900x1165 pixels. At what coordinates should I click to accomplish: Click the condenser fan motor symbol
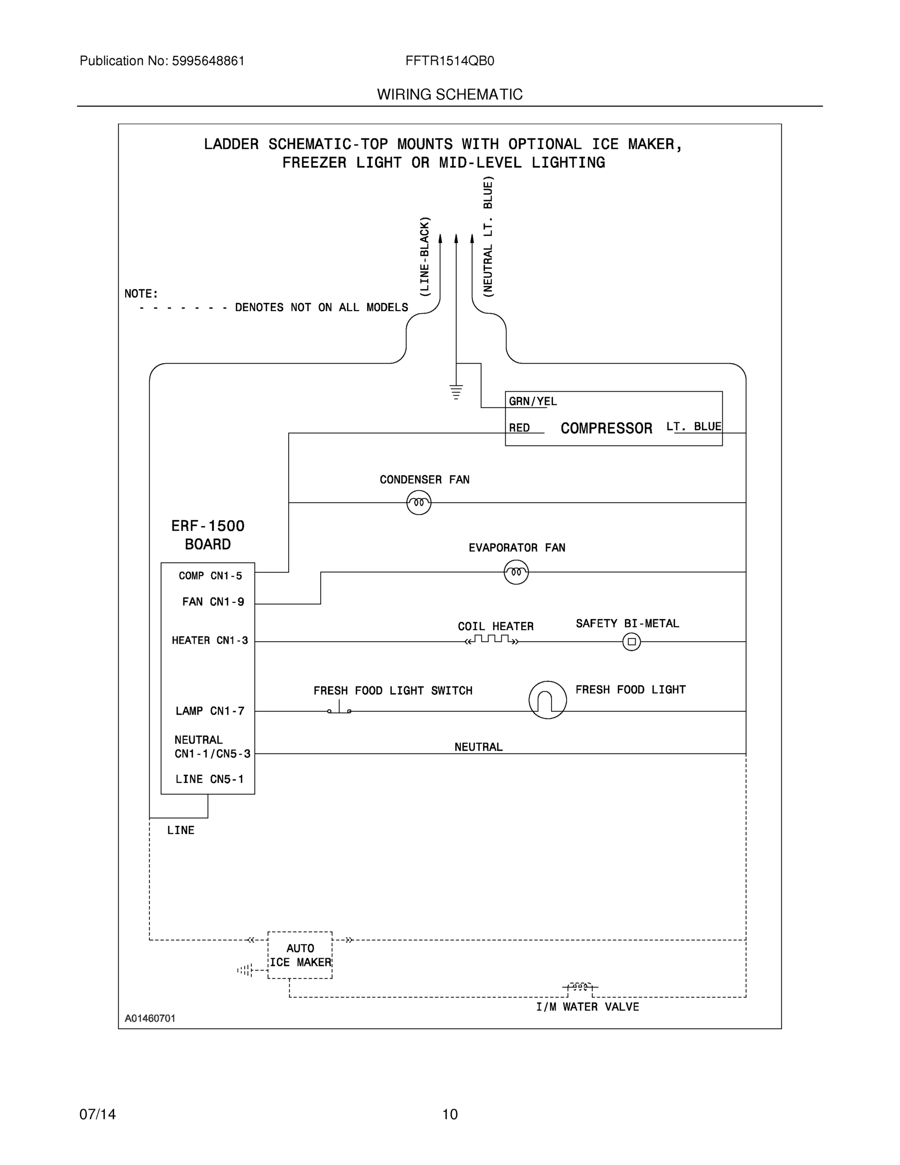click(x=419, y=502)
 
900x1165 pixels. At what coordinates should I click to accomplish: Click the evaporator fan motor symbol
click(x=516, y=572)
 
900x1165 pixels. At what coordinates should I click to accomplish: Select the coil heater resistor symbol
click(x=491, y=640)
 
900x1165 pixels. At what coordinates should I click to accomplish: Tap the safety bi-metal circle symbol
click(x=631, y=642)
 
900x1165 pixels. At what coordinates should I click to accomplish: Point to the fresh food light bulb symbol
click(x=548, y=700)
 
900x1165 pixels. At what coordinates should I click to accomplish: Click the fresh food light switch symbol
click(x=339, y=709)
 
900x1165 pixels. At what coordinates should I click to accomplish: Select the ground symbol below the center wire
click(x=456, y=392)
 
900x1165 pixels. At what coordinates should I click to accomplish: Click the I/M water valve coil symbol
click(x=580, y=986)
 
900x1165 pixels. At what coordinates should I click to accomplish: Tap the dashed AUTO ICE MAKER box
click(x=300, y=955)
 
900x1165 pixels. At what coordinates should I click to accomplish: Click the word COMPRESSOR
click(x=606, y=428)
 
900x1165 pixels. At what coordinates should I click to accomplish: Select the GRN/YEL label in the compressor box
click(x=532, y=401)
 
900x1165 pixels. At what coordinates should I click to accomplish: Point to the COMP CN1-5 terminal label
click(x=210, y=576)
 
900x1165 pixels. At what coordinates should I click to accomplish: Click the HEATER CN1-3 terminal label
click(x=210, y=640)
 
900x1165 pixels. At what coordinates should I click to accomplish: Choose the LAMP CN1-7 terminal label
click(x=210, y=711)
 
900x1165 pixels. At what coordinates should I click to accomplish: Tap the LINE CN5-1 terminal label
click(x=210, y=779)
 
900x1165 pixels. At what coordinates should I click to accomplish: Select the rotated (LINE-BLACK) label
click(x=425, y=257)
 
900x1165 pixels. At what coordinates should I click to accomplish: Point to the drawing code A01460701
click(x=150, y=1018)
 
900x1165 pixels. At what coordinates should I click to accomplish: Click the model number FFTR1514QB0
click(x=449, y=61)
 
